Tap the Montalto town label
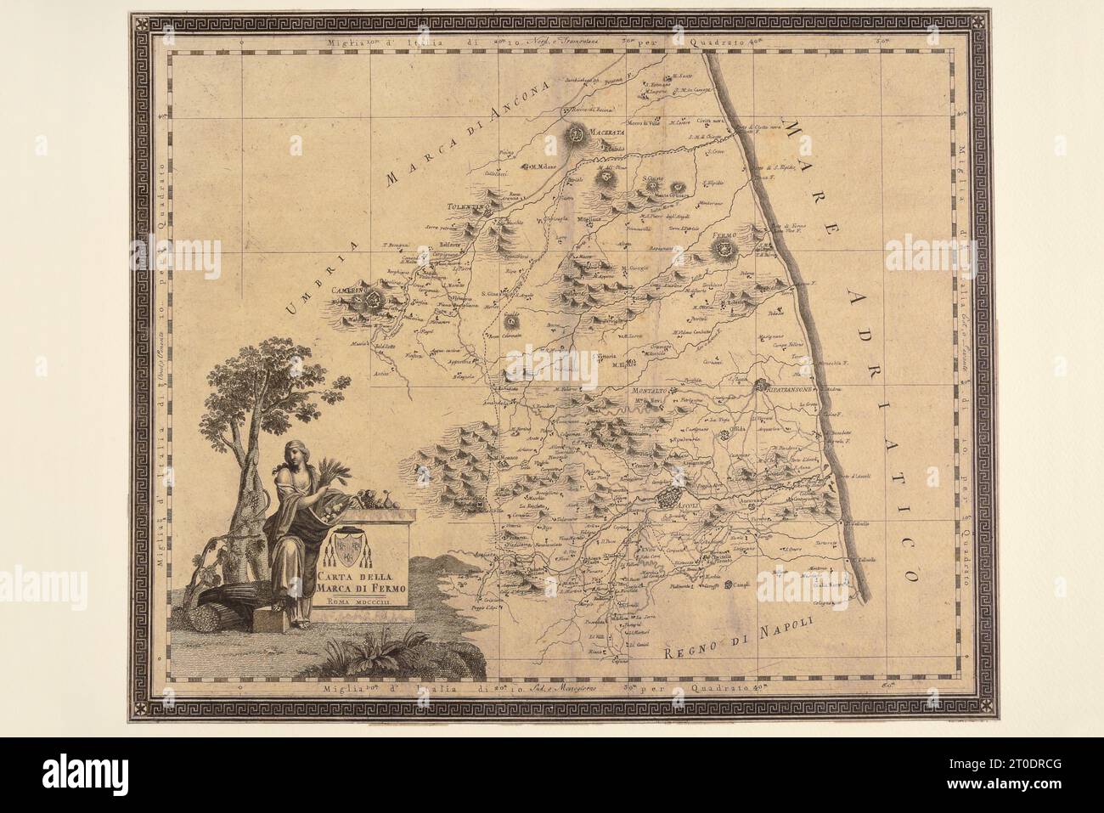tap(651, 389)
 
